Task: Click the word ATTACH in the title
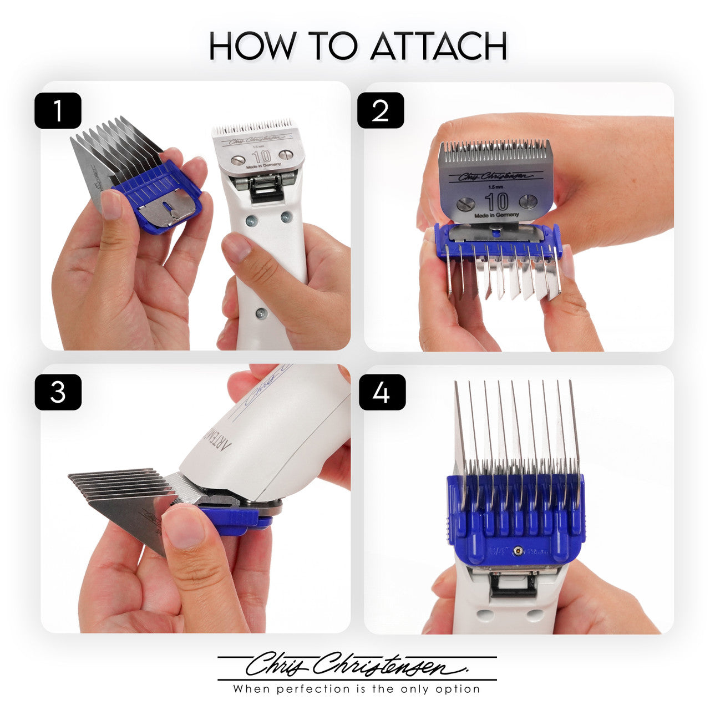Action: click(438, 46)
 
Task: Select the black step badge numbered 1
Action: click(58, 111)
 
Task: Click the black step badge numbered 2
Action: click(381, 111)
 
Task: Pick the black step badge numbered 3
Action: click(58, 392)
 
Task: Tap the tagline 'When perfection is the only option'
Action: click(357, 689)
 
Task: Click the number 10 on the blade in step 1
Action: click(261, 156)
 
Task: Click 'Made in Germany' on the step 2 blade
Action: click(497, 215)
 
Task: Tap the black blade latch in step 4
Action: click(513, 585)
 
